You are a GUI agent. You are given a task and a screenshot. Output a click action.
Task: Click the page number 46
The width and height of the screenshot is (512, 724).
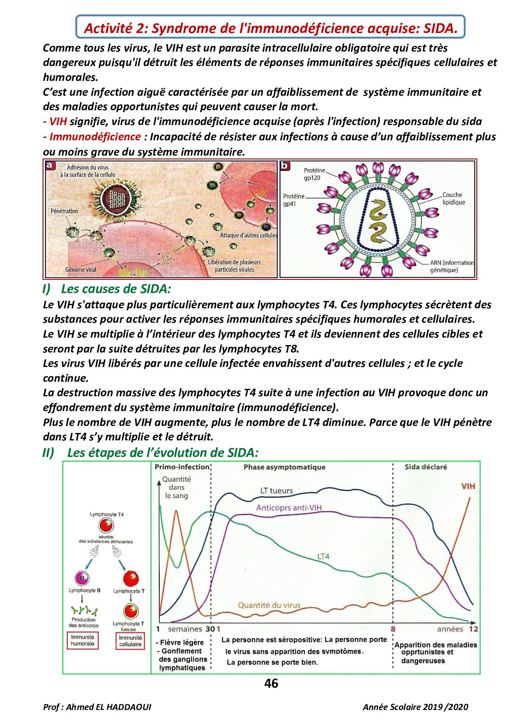(271, 684)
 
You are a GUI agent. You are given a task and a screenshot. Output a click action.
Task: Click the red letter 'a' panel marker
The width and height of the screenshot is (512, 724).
(50, 166)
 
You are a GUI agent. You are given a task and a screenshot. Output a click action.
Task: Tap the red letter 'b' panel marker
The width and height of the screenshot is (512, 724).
(285, 166)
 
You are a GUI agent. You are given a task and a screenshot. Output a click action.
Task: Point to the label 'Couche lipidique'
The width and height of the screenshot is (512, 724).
(453, 199)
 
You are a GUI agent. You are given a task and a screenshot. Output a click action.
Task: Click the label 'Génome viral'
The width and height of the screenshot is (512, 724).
(81, 270)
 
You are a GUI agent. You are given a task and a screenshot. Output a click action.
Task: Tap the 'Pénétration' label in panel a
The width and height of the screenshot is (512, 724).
(64, 211)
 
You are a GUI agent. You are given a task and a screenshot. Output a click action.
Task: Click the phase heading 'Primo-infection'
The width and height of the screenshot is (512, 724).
(182, 467)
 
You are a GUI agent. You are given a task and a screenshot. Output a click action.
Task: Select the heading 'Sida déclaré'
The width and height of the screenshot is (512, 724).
(426, 467)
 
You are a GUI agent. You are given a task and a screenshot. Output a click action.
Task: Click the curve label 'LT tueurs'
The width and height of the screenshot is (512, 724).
(276, 491)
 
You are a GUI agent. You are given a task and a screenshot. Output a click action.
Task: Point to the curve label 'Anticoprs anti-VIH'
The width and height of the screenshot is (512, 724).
(289, 508)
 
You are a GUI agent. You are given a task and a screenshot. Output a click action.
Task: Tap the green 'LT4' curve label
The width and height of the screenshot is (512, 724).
(323, 556)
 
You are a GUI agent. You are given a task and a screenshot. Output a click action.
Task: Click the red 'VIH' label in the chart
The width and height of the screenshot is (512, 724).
(468, 486)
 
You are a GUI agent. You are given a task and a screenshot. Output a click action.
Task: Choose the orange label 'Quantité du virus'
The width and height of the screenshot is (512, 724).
(269, 605)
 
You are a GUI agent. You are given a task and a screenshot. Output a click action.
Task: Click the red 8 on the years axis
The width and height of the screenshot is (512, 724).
(393, 629)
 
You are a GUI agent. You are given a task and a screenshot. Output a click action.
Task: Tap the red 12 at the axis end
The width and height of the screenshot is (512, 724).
(473, 629)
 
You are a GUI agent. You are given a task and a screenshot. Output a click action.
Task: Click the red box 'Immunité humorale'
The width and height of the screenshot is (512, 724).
(83, 641)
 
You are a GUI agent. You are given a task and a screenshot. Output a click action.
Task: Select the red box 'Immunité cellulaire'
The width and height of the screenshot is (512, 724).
(130, 641)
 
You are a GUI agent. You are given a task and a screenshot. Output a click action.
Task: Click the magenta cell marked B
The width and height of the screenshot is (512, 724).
(82, 578)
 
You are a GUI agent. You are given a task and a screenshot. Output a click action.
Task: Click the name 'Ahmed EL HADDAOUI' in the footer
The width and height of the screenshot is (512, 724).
(109, 707)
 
